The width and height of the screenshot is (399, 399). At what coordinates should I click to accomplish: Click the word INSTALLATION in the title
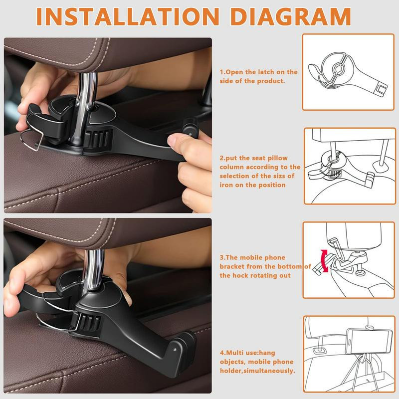pyautogui.click(x=128, y=16)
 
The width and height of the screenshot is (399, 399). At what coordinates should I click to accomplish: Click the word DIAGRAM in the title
pyautogui.click(x=291, y=16)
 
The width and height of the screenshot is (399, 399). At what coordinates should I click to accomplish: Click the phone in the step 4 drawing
pyautogui.click(x=369, y=341)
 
